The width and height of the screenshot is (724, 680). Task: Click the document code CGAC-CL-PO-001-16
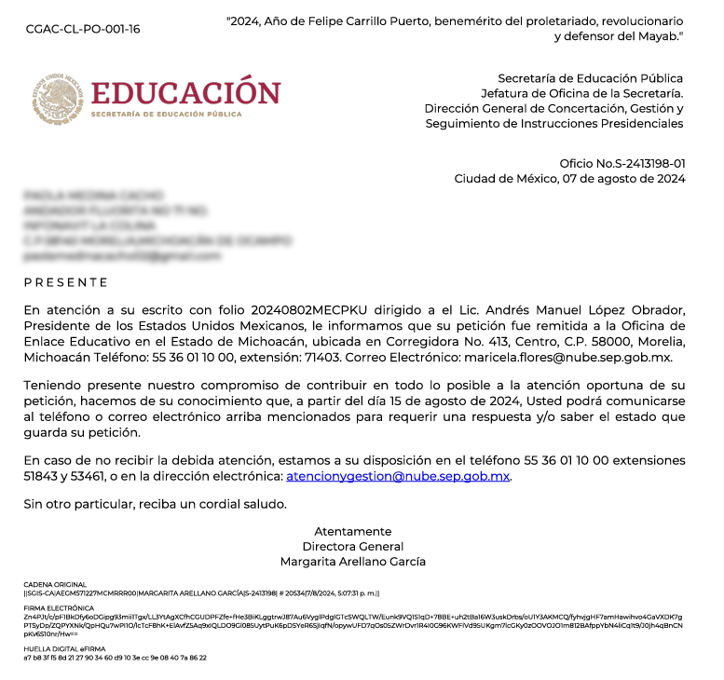83,29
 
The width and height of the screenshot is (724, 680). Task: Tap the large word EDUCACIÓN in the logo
185,93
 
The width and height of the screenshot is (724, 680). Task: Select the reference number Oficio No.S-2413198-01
622,163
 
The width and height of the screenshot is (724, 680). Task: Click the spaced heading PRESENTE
66,282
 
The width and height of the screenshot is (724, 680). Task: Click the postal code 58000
558,342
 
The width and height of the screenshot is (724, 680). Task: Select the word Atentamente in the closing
352,531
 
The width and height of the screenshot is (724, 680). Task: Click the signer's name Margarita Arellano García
352,562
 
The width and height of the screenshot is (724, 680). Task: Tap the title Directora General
352,547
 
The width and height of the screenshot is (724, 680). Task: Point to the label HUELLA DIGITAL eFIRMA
63,648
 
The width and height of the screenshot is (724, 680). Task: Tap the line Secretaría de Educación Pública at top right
590,78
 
